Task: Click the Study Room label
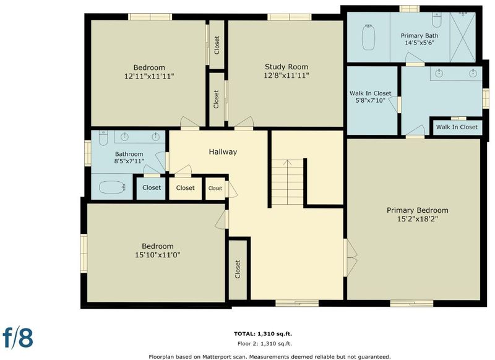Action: pos(286,67)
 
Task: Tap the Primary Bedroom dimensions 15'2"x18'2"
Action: pos(417,219)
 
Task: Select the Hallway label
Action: pos(223,152)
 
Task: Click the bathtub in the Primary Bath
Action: pos(368,37)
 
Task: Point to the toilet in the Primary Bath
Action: pos(437,20)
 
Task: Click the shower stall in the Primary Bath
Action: pos(462,37)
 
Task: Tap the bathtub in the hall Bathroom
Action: pos(112,187)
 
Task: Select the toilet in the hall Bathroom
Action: pos(103,138)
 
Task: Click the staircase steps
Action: pos(287,182)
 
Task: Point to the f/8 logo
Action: pos(18,337)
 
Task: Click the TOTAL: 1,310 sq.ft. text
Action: pos(263,334)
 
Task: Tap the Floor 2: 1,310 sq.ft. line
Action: pos(265,344)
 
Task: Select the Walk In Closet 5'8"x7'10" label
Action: pos(370,97)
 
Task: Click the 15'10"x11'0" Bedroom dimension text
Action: pos(158,255)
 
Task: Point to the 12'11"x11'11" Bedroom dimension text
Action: pos(149,76)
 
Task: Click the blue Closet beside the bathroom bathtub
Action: pos(151,188)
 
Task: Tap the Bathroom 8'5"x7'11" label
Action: pos(129,158)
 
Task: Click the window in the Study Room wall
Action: pos(290,17)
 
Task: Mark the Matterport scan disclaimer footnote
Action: pos(270,357)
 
